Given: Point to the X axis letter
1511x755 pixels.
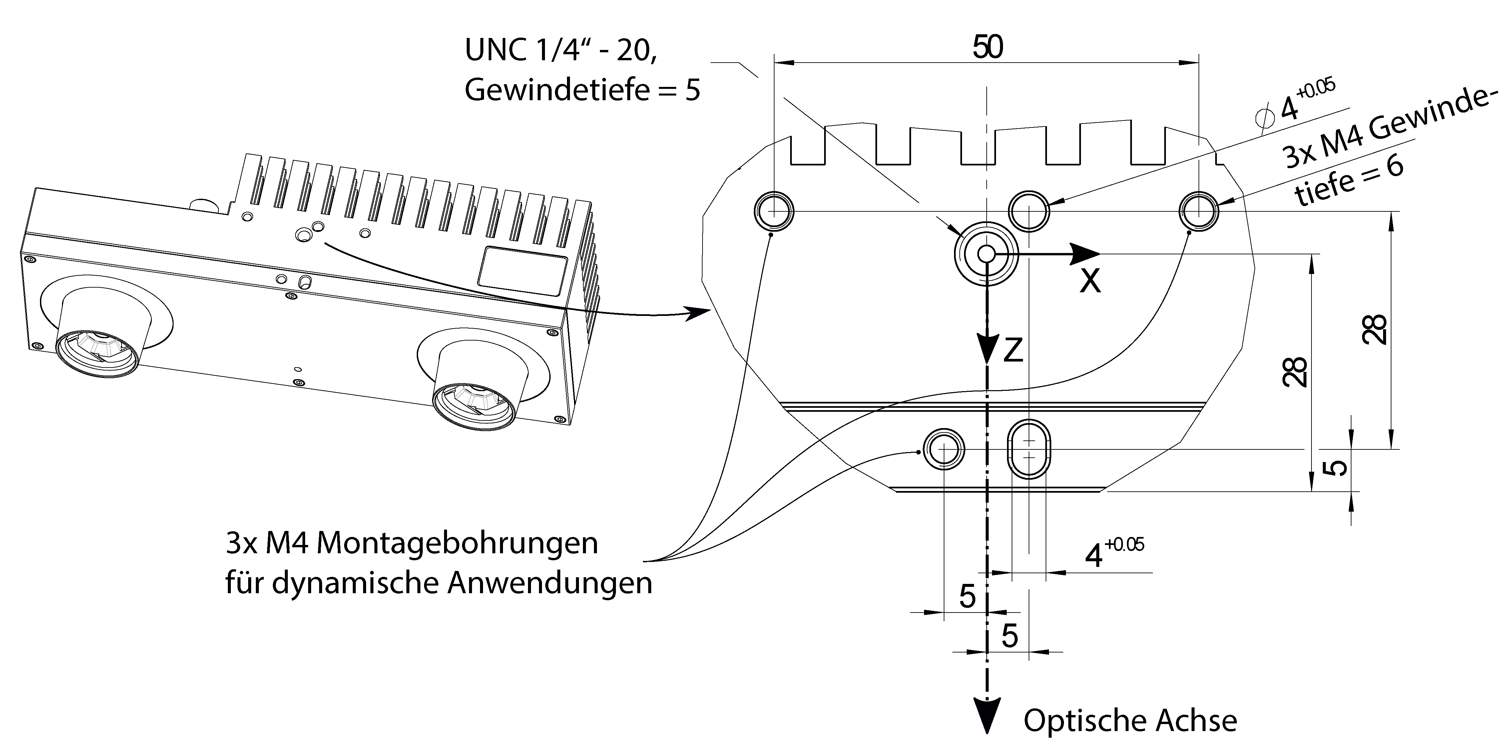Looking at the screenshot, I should [1090, 281].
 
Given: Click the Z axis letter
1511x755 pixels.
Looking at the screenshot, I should [1013, 350].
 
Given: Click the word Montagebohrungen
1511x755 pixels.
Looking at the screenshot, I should [457, 543].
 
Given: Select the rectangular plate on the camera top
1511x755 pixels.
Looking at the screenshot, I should [522, 271].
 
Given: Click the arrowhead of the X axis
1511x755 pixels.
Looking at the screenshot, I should [1085, 254].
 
